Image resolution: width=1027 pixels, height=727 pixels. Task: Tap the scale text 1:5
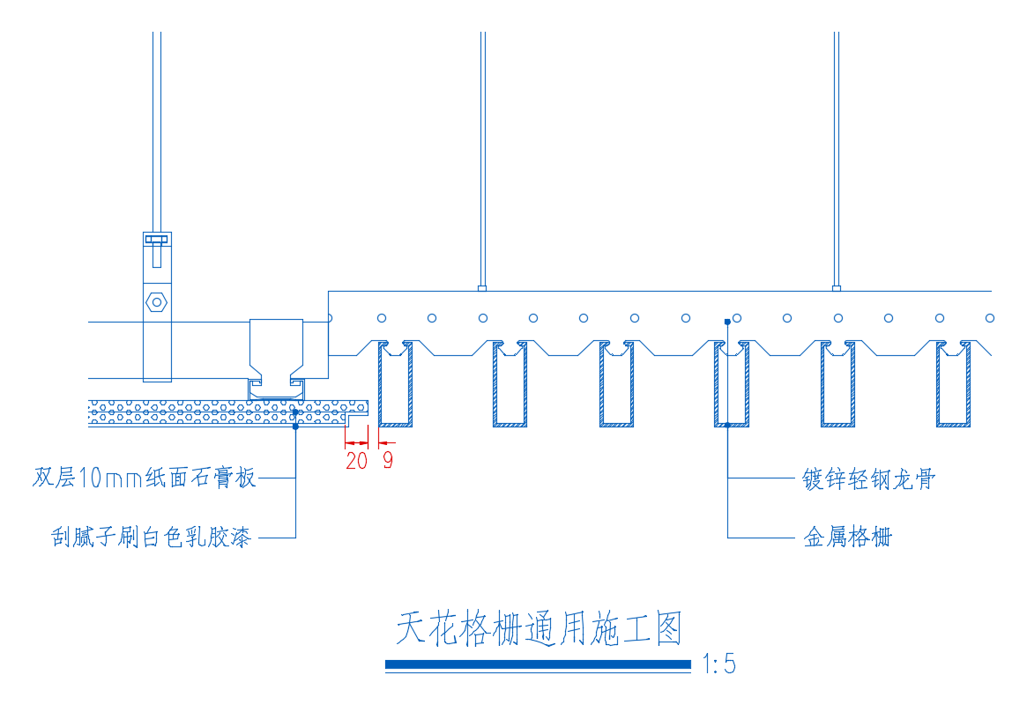(718, 664)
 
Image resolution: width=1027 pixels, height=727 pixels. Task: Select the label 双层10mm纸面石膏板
(145, 478)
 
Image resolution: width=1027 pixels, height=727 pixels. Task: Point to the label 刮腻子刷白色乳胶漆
(152, 537)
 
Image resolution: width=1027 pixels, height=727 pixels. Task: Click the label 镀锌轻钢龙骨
(868, 479)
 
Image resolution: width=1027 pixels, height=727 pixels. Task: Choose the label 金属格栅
(847, 537)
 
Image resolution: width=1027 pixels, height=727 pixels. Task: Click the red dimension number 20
(356, 460)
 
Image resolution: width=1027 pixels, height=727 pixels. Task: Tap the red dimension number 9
(388, 460)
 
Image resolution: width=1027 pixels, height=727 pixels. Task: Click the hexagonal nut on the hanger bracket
(157, 301)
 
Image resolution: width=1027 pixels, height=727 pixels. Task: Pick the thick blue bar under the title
(538, 664)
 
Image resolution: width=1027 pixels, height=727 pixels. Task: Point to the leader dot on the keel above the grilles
(727, 323)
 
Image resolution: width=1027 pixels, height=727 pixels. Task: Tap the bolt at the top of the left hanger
(157, 241)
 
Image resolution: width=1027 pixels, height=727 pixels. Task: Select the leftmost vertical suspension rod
(157, 132)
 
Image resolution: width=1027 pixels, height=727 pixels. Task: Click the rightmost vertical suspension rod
(836, 159)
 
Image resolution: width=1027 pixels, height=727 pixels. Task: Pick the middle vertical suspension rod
(483, 159)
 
